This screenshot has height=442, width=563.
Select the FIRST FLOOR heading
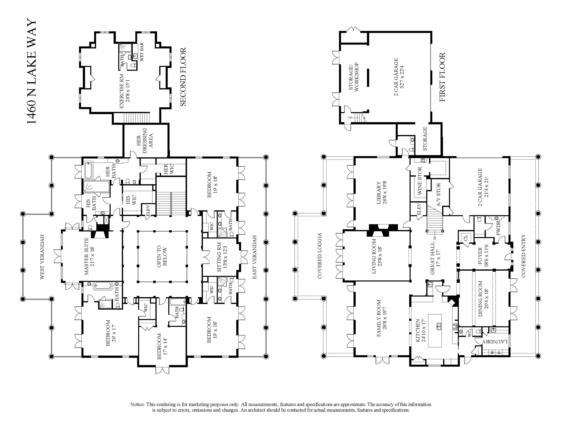(443, 77)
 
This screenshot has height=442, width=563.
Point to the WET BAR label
(142, 52)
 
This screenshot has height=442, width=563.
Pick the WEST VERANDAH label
(42, 257)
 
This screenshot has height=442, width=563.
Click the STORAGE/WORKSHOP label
(354, 77)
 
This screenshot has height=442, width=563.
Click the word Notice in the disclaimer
(138, 404)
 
